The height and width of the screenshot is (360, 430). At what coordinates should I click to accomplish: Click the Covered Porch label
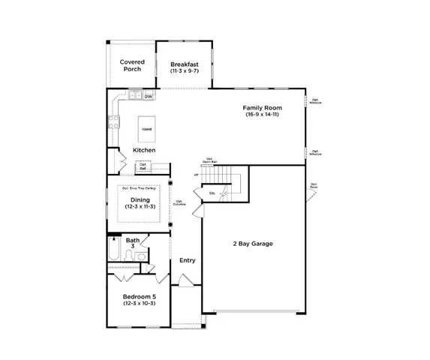(x=132, y=66)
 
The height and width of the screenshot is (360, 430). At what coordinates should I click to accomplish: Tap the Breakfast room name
(x=184, y=64)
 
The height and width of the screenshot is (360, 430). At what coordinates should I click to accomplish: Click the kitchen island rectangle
(x=146, y=129)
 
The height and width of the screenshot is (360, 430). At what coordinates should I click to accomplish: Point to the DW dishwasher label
(x=149, y=97)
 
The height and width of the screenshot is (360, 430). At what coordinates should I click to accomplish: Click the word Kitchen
(x=144, y=150)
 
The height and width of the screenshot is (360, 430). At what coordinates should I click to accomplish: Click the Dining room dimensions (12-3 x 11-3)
(x=140, y=207)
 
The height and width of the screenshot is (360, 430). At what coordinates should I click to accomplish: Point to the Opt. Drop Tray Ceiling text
(x=140, y=189)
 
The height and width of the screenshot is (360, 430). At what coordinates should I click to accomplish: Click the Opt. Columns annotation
(x=180, y=202)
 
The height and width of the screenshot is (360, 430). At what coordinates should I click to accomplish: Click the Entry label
(x=188, y=260)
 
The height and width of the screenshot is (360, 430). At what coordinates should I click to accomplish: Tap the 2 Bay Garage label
(x=252, y=244)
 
